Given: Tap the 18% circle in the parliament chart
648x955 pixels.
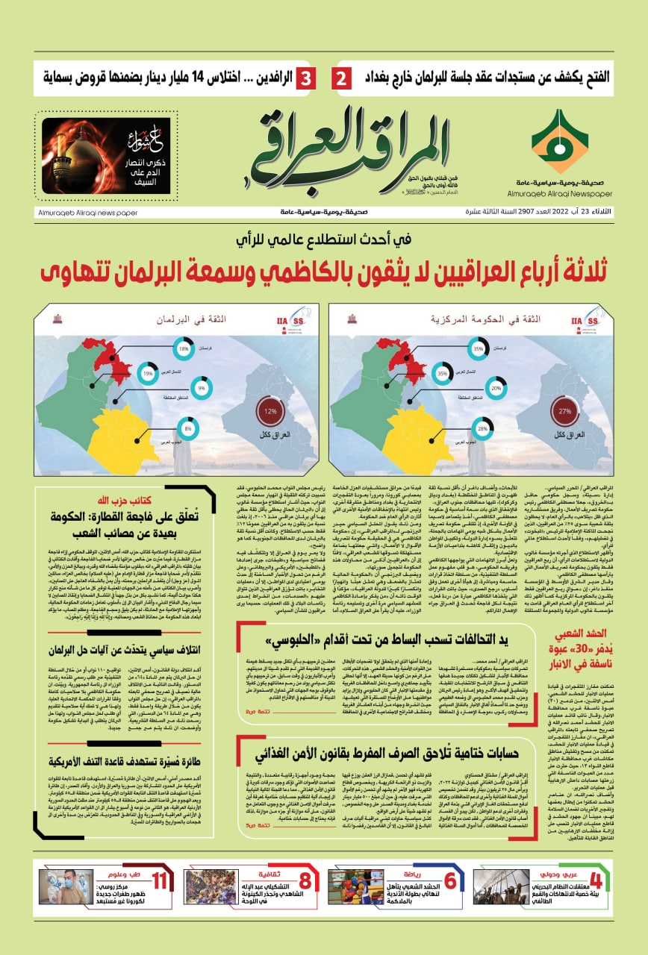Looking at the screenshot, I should click(x=184, y=348).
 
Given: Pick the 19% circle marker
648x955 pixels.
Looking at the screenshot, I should click(x=148, y=373).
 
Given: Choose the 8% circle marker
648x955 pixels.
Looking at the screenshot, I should click(x=187, y=429).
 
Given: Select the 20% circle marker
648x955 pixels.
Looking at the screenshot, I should click(x=496, y=388).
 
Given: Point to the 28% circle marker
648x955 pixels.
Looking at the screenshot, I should click(x=482, y=429).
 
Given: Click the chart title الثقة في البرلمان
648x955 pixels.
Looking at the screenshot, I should click(x=182, y=319).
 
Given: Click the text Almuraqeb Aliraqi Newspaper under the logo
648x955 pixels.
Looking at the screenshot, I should click(x=569, y=192).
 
